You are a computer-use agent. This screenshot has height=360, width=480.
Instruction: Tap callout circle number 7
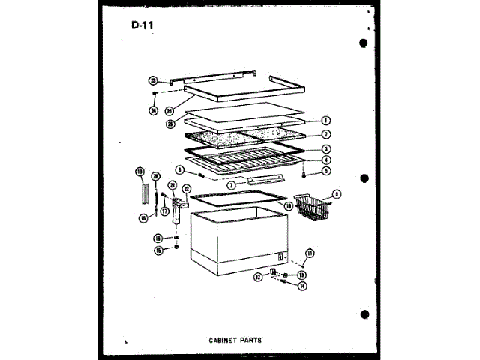tap(232, 184)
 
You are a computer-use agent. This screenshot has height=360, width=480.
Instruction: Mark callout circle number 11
tap(310, 252)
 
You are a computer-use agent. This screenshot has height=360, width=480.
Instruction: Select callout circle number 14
tap(302, 285)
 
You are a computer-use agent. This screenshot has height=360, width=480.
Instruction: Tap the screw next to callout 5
tap(303, 176)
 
